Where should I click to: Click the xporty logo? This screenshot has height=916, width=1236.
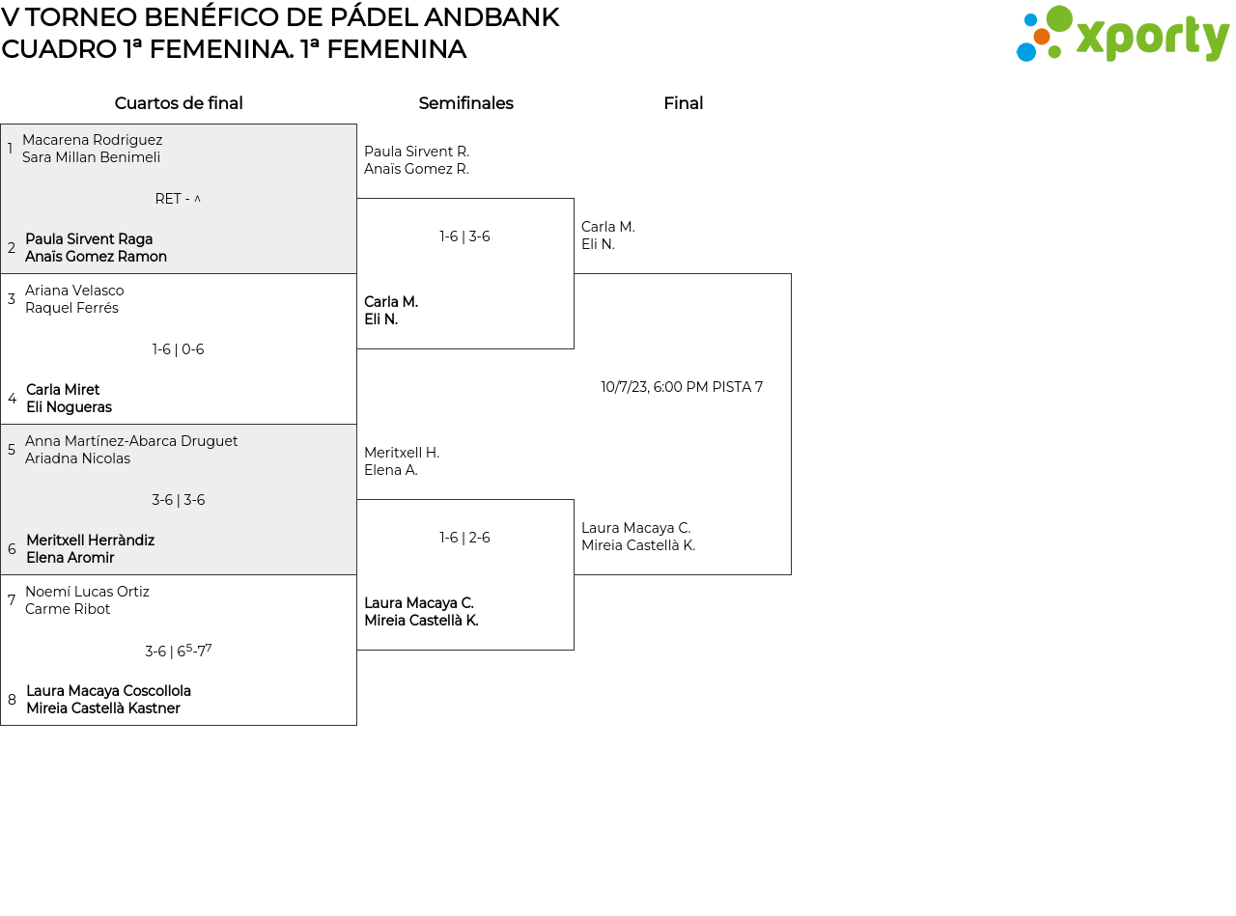pos(1122,34)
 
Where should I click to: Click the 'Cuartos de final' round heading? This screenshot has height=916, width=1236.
pos(179,103)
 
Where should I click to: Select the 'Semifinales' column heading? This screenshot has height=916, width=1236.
pos(465,103)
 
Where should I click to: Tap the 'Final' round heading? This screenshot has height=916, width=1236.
pos(684,103)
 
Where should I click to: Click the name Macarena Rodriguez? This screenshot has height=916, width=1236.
pos(92,139)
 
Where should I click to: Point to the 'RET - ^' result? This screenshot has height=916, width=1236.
pos(178,199)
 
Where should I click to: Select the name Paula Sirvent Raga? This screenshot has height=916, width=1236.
pos(89,239)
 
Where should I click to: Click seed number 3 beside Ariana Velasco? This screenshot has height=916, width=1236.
pos(12,298)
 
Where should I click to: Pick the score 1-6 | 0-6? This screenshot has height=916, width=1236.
pos(178,349)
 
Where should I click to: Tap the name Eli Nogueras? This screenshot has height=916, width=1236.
pos(70,407)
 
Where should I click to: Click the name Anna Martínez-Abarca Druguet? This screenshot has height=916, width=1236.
pos(131,441)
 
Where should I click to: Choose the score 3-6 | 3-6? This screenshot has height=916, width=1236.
pos(179,500)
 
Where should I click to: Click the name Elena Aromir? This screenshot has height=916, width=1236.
pos(70,558)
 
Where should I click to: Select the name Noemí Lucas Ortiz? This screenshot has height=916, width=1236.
pos(87,591)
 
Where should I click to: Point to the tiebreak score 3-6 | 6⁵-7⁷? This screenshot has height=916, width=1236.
pos(179,651)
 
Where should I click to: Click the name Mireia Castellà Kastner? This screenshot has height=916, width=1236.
pos(103,708)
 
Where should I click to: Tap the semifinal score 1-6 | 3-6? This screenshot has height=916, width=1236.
pos(464,236)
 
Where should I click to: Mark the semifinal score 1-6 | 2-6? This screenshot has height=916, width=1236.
pos(464,537)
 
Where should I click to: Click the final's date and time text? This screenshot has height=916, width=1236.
pos(682,387)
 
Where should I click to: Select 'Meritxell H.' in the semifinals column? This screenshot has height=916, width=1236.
pos(402,453)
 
